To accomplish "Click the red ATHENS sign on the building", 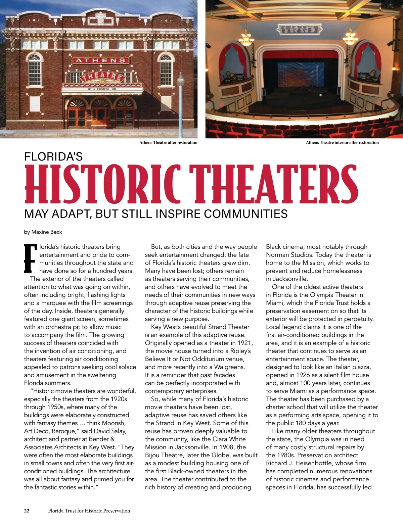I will (100, 61).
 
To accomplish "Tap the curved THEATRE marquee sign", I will (102, 77).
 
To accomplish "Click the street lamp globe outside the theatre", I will (180, 80).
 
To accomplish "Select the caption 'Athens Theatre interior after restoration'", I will (342, 143).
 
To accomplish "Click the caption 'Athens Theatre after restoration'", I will (168, 143).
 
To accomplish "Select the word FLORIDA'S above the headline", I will (53, 156).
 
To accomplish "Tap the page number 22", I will (27, 511).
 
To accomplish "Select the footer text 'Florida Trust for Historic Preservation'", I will (89, 511).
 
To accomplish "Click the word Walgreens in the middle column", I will (229, 367).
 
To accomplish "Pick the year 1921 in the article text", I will (245, 343).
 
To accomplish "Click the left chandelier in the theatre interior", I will (247, 39).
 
